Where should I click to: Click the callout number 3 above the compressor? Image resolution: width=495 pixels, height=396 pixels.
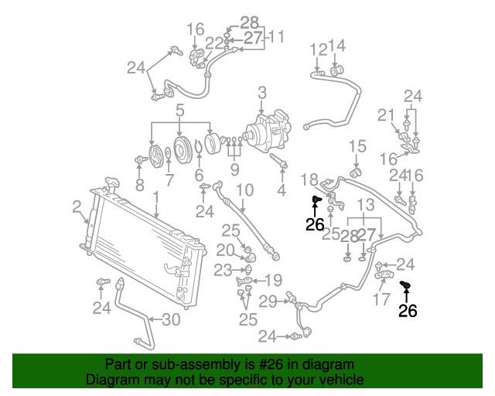263,94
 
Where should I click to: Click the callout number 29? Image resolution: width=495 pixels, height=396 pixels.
268,301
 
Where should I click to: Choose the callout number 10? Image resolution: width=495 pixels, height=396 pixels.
244,190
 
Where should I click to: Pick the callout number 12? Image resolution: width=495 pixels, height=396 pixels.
319,50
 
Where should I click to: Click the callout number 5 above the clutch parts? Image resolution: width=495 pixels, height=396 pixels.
179,110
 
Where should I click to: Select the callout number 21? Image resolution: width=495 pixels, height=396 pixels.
386,115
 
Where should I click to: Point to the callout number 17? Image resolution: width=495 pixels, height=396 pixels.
382,299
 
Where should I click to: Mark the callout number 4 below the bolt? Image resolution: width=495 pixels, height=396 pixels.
282,189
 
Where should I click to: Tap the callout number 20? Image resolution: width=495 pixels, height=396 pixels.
224,250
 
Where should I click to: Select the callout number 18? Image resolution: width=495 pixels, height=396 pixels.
309,179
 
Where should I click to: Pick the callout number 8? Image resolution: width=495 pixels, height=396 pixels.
140,185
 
